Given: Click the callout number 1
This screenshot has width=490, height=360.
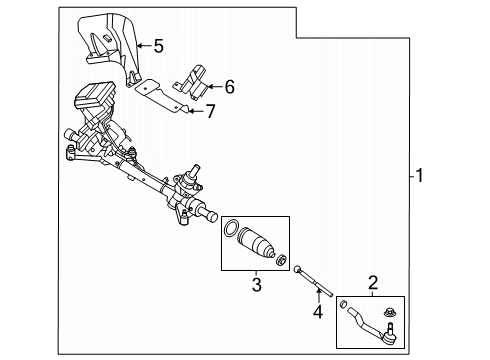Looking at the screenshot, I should click(x=421, y=177).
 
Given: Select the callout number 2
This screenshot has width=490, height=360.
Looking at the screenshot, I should click(x=373, y=282).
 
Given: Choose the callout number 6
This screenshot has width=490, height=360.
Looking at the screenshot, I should click(x=229, y=87).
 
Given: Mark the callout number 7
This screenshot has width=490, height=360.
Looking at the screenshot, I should click(x=210, y=110).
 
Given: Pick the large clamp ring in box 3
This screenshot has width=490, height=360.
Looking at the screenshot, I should click(x=233, y=229).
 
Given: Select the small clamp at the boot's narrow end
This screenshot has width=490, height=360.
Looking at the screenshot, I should click(x=283, y=264).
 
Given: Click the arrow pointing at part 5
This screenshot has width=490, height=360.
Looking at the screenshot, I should click(x=141, y=44).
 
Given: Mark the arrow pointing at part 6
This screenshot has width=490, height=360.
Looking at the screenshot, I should click(x=214, y=87).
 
